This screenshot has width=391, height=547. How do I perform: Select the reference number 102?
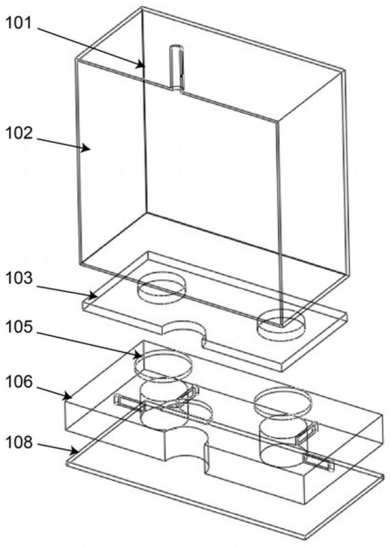click(x=19, y=133)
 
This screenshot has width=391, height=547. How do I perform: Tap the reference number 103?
click(x=19, y=278)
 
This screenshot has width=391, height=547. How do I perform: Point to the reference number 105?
click(x=19, y=327)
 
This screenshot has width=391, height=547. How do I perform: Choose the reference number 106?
click(x=19, y=381)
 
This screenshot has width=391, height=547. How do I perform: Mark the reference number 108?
click(x=19, y=442)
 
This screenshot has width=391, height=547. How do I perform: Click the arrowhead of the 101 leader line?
click(x=140, y=64)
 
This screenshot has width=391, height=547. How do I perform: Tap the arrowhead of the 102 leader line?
click(x=86, y=149)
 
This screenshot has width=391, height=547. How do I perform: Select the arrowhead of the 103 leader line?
click(x=92, y=296)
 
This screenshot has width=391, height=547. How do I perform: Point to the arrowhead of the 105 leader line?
click(x=138, y=355)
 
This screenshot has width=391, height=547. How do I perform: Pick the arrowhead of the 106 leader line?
click(x=68, y=396)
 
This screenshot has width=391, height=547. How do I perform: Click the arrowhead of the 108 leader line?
click(x=74, y=452)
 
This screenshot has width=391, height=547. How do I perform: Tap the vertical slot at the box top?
click(x=177, y=68)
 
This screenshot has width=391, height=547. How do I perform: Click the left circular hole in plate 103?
click(x=161, y=288)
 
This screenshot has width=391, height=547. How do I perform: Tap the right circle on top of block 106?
click(x=283, y=404)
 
